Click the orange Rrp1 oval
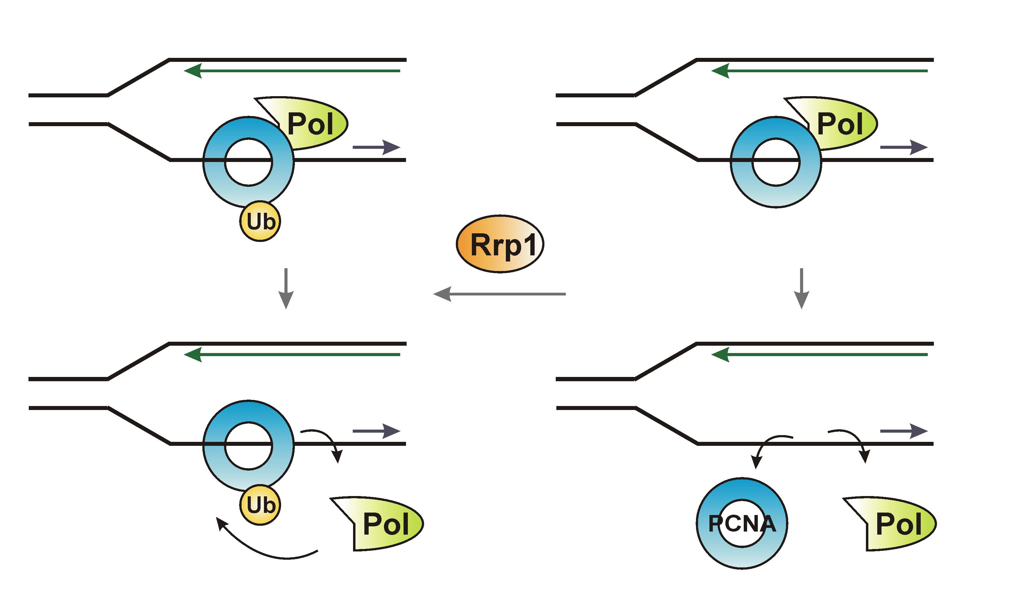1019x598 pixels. (500, 244)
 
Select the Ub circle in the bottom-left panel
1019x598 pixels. (260, 505)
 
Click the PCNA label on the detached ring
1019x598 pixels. (742, 524)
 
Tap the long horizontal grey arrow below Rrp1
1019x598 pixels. (499, 294)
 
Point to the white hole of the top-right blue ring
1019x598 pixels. (776, 162)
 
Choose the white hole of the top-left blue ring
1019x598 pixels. (248, 162)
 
